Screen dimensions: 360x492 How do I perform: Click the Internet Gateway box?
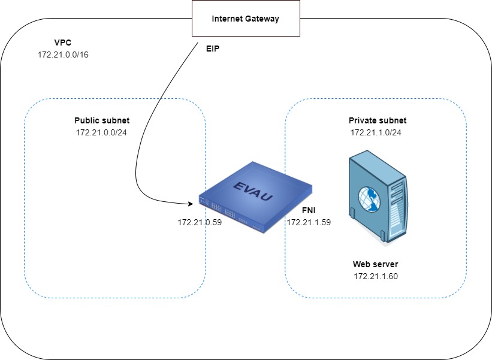coord(246,19)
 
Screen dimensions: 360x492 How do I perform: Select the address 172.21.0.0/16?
coord(64,54)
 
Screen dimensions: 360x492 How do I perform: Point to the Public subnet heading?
coord(102,120)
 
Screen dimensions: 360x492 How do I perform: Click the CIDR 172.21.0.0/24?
coord(102,132)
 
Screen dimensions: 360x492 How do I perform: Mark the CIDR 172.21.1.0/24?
coord(376,132)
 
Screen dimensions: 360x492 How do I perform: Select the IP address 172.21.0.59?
coord(200,222)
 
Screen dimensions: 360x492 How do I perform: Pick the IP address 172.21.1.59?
coord(309,222)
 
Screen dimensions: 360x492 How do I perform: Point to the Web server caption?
coord(376,264)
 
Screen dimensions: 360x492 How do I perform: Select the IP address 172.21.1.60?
coord(376,276)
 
